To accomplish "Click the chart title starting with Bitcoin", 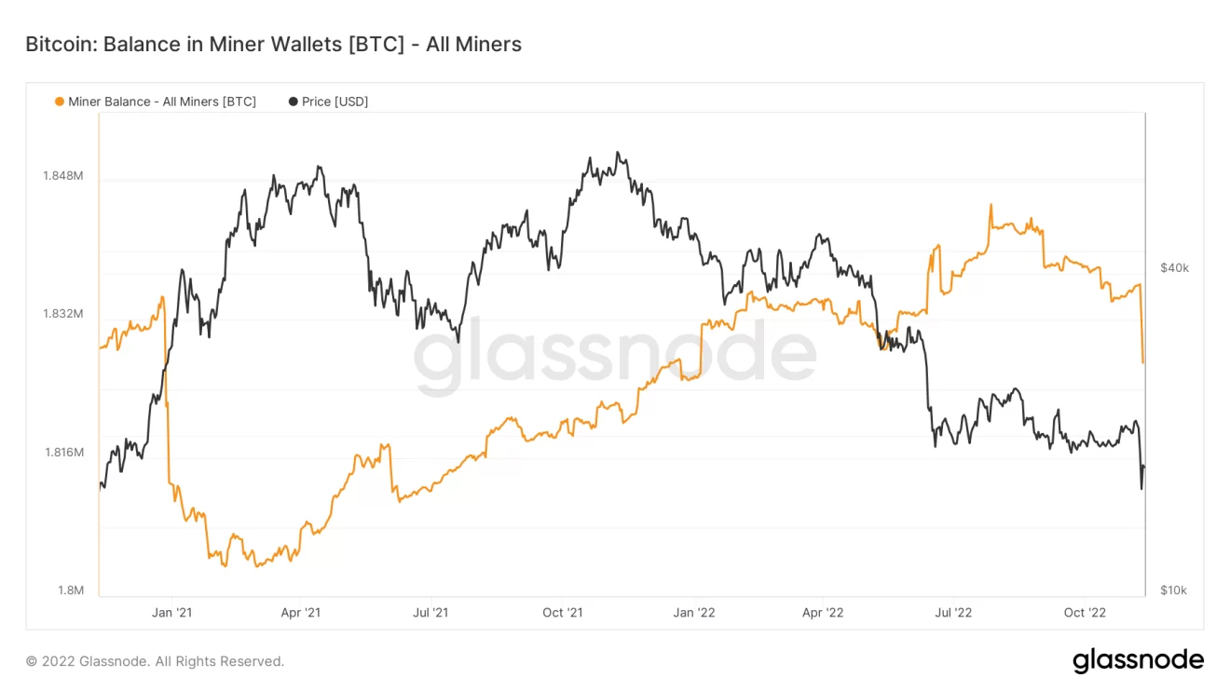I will click(273, 44).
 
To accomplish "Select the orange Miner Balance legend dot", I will click(60, 102).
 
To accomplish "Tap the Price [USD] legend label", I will click(335, 102).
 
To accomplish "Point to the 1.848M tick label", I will click(63, 176).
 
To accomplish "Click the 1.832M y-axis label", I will click(63, 314).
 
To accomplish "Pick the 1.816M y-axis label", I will click(63, 453).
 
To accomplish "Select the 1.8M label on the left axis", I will click(71, 590).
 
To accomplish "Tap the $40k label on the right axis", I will click(1174, 268).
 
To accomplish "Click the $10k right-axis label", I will click(1174, 590).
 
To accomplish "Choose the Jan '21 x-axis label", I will click(171, 612).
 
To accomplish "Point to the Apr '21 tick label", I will click(300, 612).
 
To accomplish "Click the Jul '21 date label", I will click(430, 612).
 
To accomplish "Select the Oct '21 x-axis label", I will click(562, 612).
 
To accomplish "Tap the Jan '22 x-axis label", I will click(694, 612).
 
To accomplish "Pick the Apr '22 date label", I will click(823, 612).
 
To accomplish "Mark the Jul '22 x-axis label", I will click(953, 612).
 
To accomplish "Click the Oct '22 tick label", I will click(1086, 612).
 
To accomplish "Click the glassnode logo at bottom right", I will click(1138, 660).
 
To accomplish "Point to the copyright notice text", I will click(155, 661).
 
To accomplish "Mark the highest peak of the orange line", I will click(991, 205).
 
